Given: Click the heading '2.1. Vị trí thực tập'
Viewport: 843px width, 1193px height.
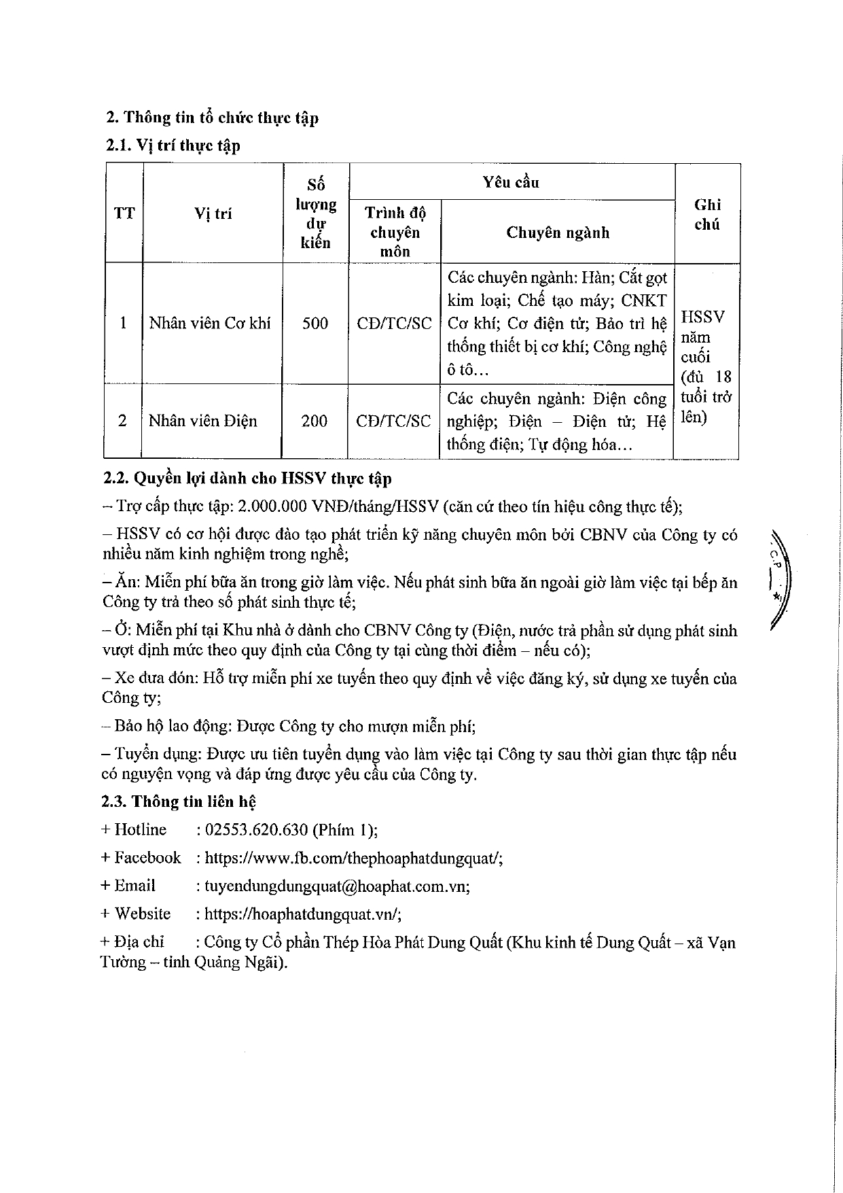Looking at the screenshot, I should pos(173,145).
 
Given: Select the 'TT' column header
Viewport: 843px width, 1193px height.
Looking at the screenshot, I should pos(124,213).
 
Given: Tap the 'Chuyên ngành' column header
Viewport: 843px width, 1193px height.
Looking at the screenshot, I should pos(558,232).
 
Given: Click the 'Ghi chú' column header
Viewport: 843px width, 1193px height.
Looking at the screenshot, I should pos(707,214).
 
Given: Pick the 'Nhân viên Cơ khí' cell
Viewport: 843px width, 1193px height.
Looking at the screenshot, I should pos(210,323).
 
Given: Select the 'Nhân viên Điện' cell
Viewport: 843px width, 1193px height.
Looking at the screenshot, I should pos(203,421).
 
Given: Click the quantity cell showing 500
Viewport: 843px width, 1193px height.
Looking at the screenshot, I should pos(315,323).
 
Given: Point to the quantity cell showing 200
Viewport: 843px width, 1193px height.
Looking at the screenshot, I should pos(315,421).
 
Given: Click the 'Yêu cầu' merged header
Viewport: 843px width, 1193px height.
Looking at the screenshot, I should pos(511,182).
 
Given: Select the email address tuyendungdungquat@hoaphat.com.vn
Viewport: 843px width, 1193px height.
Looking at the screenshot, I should pos(333,886).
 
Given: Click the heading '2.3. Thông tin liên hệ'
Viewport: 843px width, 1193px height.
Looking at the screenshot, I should pos(178,802).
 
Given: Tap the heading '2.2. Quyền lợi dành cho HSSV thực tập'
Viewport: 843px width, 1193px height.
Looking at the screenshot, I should pos(247,479).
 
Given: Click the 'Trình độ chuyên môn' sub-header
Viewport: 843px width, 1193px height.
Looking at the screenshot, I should pos(395,232).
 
